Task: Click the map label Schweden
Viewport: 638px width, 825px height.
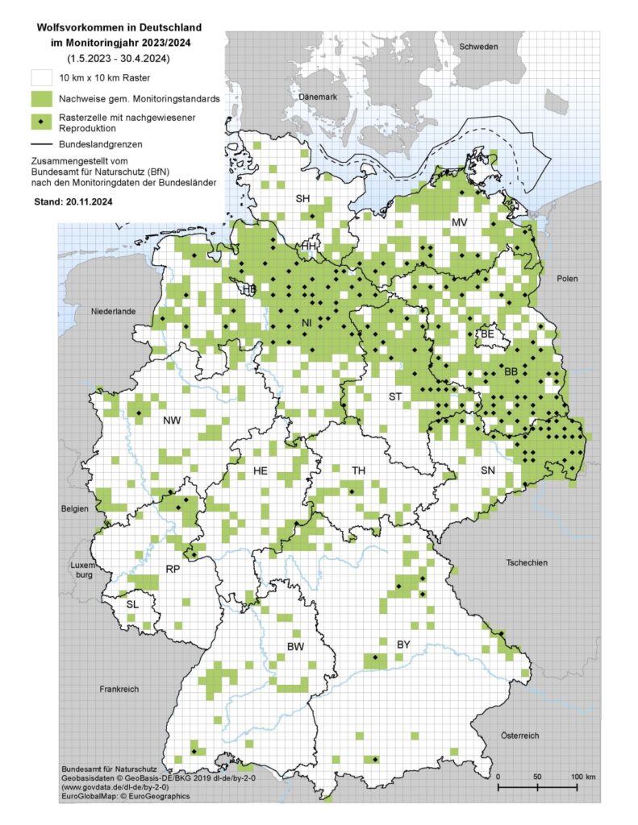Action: [x=479, y=47]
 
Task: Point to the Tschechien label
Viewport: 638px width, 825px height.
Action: [x=527, y=562]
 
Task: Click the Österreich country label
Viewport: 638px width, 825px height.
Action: [x=519, y=735]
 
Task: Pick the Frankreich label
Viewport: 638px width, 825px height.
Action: [x=120, y=690]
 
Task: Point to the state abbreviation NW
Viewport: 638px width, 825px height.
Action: [x=172, y=421]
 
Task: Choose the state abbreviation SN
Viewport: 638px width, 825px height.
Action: [x=488, y=470]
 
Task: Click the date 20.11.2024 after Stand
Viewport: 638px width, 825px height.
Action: [x=90, y=204]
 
